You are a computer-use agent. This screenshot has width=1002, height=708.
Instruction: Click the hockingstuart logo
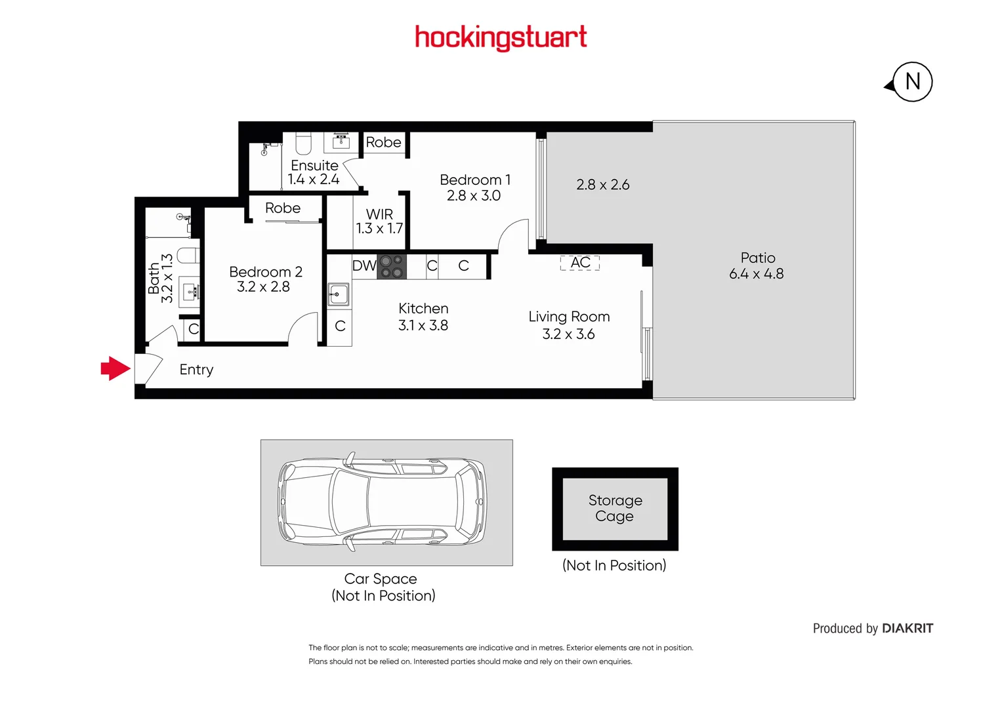(x=501, y=38)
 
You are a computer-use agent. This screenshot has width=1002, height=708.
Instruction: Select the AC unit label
(x=580, y=263)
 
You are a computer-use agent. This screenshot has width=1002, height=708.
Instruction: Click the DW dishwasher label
(x=364, y=265)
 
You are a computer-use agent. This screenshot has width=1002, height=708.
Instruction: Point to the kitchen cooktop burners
(x=392, y=266)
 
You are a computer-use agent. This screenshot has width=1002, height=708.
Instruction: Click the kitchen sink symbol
(x=338, y=294)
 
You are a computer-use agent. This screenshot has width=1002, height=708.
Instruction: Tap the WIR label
(x=379, y=214)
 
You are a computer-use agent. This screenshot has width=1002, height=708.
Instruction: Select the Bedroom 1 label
(x=474, y=180)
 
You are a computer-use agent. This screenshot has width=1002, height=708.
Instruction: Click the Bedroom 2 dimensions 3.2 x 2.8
(x=263, y=286)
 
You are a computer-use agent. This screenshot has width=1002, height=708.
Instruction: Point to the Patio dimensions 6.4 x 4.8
(x=756, y=274)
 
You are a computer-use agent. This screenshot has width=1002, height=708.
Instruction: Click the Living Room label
(x=569, y=317)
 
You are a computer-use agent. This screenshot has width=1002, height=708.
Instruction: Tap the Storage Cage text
(x=615, y=508)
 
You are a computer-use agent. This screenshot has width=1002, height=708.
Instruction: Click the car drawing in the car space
(x=384, y=501)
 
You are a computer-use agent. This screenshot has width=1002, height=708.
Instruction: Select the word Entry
(x=196, y=370)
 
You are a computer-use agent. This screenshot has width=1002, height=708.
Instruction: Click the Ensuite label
(x=314, y=165)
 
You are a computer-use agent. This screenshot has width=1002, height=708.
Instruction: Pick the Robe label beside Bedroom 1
(x=383, y=142)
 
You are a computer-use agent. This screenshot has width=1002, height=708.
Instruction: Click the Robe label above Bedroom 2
(x=283, y=208)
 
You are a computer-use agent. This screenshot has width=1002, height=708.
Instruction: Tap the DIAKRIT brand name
(x=907, y=628)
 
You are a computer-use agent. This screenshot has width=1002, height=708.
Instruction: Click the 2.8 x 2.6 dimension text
(x=602, y=185)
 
